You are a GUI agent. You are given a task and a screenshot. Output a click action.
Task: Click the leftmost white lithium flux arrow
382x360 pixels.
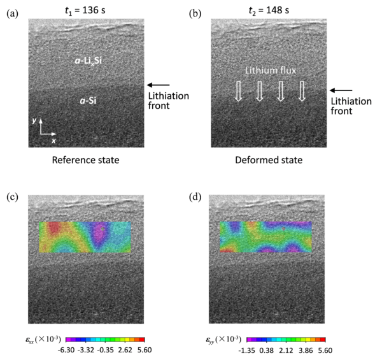[x=239, y=92]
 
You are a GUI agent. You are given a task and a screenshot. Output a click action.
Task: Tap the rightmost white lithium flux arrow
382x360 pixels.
[x=302, y=92]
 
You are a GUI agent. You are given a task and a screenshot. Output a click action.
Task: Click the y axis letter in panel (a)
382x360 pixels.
[x=40, y=120]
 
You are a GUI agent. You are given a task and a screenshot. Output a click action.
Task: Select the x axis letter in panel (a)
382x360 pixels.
[x=54, y=140]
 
